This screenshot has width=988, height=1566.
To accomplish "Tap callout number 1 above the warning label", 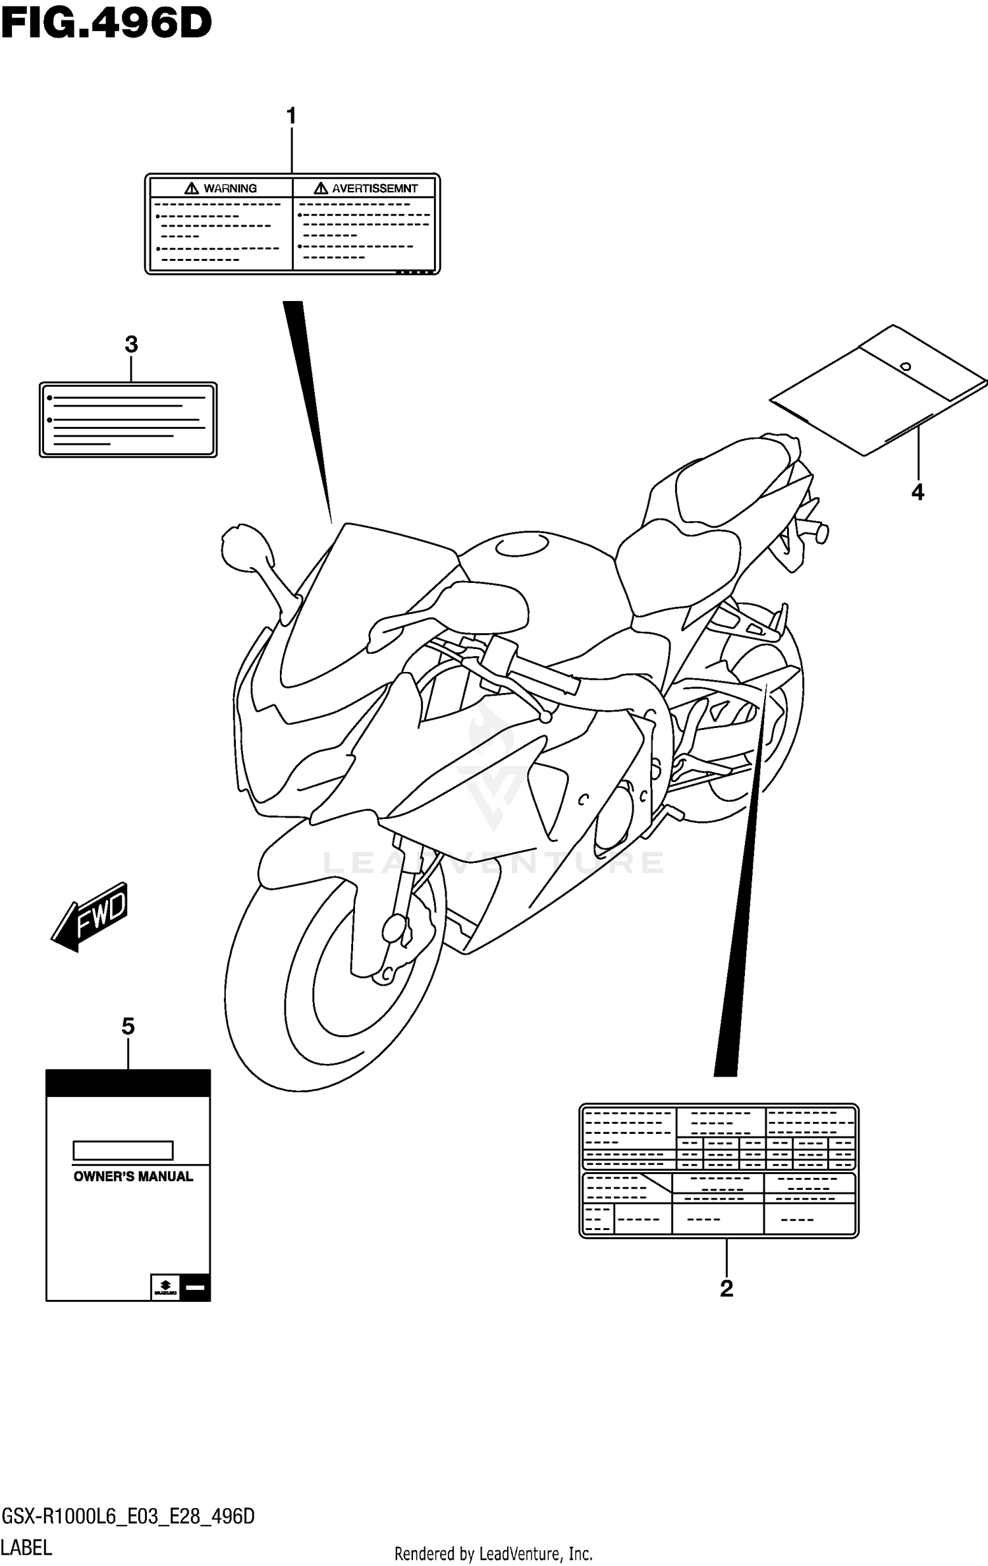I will [x=291, y=117].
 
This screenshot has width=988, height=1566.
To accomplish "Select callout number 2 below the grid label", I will [x=727, y=1288].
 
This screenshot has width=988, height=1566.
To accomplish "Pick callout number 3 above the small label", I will [x=131, y=344].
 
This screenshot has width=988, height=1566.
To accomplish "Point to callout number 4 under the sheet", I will [x=918, y=491].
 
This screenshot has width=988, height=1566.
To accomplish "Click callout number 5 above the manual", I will [x=128, y=1026].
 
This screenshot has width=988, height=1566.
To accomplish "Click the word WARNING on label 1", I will [x=230, y=188].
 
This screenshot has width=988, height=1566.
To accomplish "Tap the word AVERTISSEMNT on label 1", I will [x=374, y=188].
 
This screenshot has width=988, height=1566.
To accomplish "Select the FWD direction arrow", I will [x=91, y=916].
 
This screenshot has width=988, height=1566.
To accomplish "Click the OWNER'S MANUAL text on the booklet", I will [x=133, y=1177].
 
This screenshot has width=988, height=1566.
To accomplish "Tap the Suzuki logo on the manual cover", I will [x=165, y=1287].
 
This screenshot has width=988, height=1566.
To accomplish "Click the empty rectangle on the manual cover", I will [x=123, y=1150].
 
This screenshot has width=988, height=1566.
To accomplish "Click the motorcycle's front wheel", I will [x=329, y=988].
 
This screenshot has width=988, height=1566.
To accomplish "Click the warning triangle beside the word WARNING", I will [x=192, y=188].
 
